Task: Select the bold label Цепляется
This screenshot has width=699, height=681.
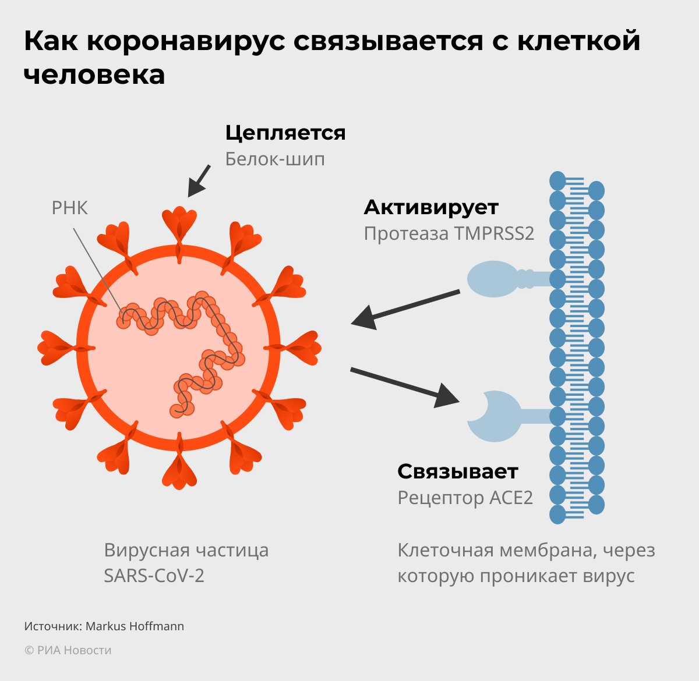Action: click(285, 133)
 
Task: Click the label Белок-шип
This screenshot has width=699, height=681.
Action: click(275, 159)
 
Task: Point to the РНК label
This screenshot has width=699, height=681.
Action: click(69, 208)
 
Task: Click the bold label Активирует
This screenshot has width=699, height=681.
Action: click(431, 207)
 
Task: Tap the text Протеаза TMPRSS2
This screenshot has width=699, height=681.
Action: click(449, 233)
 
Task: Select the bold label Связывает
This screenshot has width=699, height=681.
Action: click(457, 471)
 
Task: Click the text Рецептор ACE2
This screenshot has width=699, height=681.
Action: click(465, 498)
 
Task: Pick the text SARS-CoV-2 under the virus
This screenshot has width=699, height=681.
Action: click(154, 576)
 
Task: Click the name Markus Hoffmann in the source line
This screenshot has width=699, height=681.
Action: click(135, 626)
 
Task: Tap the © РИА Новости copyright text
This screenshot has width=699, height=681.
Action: click(68, 650)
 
